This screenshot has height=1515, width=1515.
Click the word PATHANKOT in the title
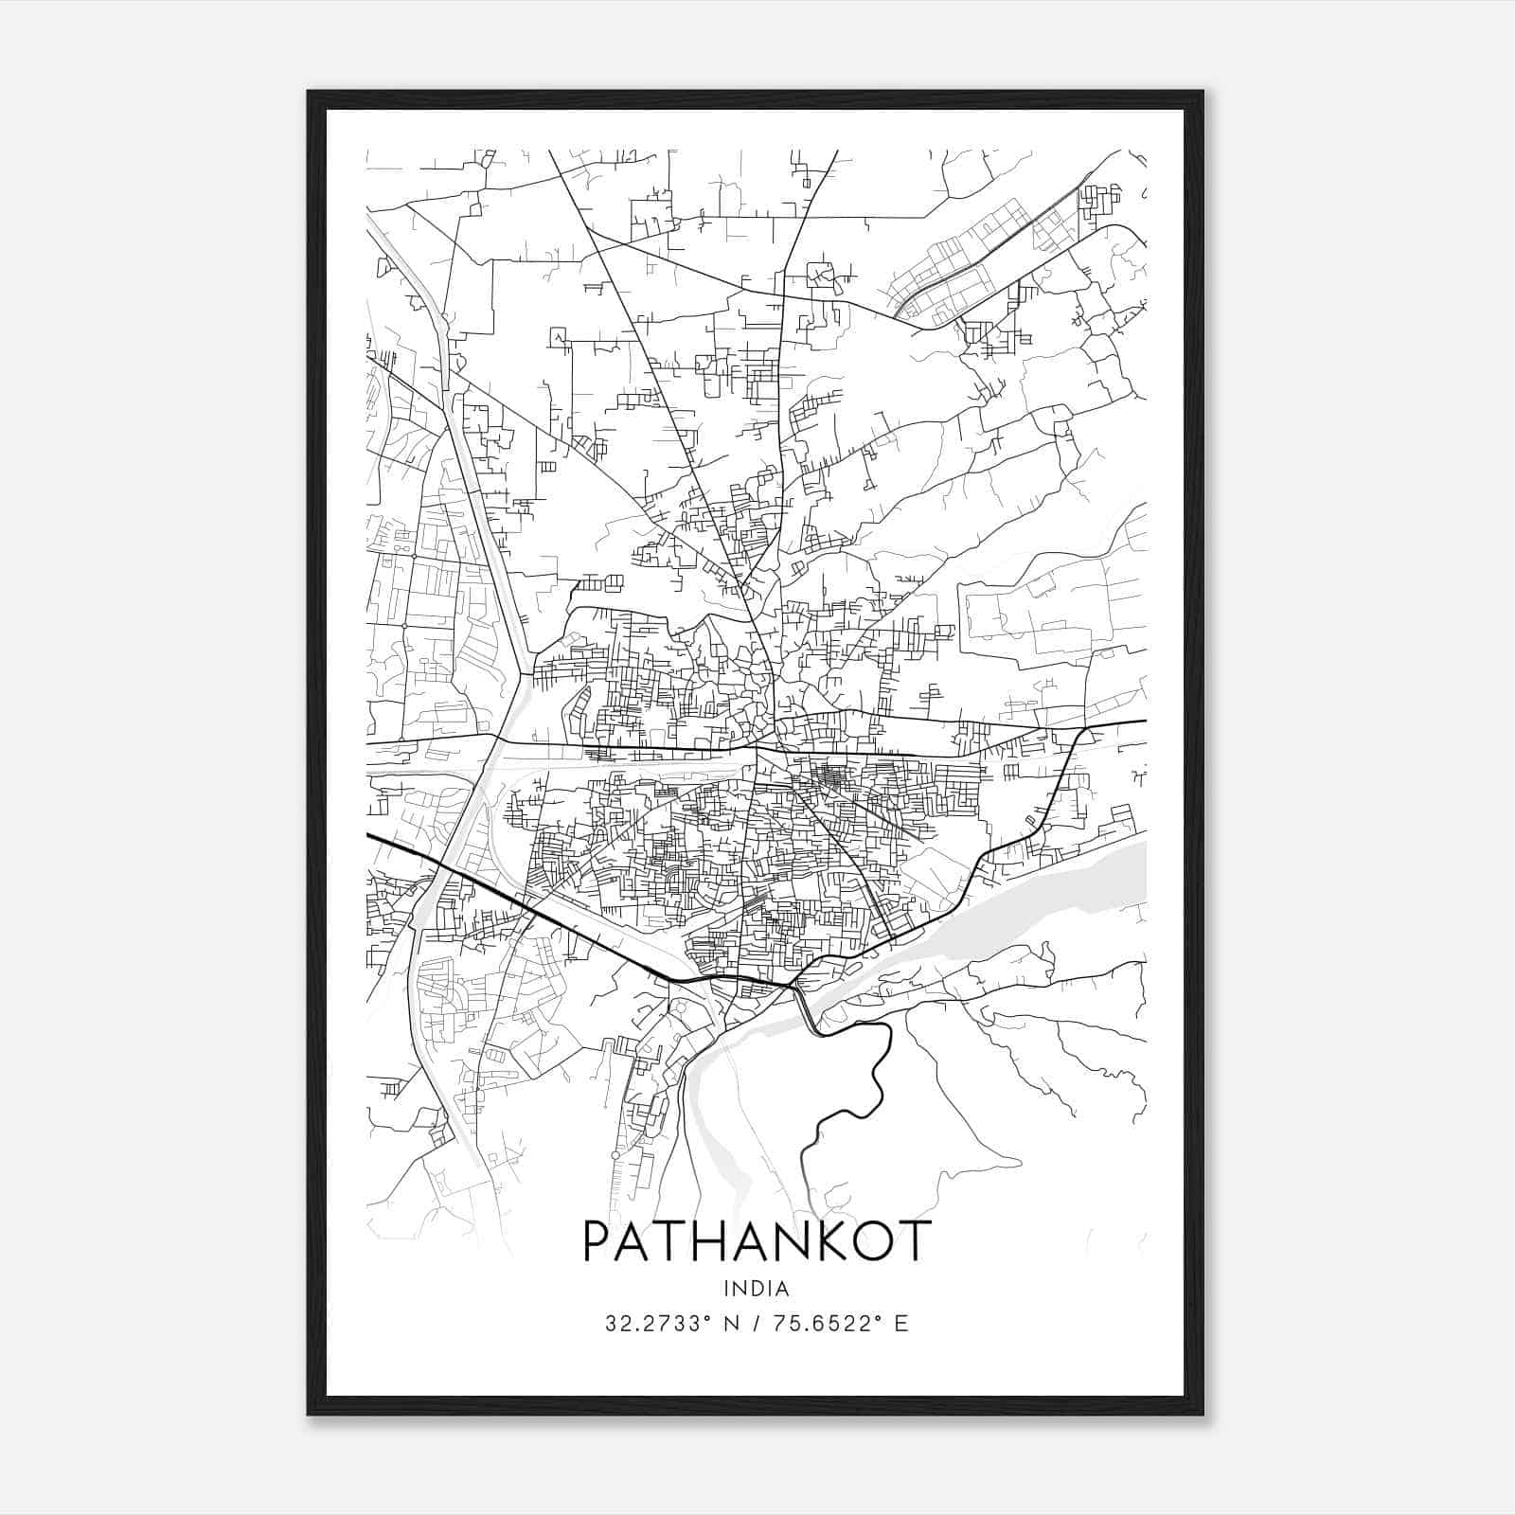tap(757, 1240)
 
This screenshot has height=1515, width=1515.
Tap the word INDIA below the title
tap(757, 1289)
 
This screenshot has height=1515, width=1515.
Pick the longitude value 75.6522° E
tap(841, 1324)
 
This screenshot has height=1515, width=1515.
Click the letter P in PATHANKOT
tap(598, 1240)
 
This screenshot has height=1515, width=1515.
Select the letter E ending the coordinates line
tap(901, 1324)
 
